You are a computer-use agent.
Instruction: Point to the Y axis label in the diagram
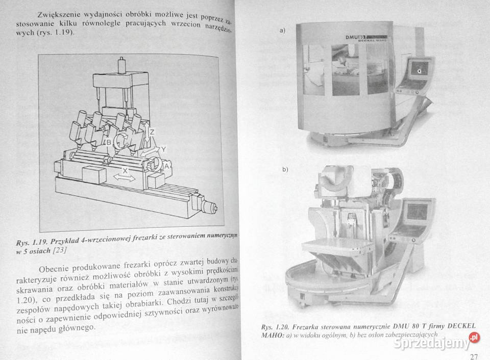(163, 148)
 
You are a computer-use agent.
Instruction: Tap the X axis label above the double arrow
(125, 171)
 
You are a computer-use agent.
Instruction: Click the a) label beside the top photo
(282, 31)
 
